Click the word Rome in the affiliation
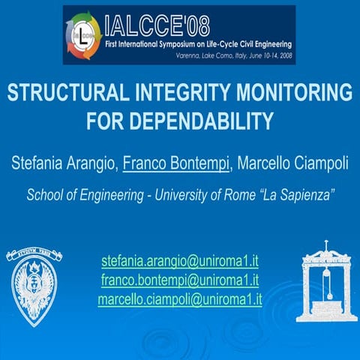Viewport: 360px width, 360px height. coord(250,194)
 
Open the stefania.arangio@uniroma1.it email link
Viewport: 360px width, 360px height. coord(180,262)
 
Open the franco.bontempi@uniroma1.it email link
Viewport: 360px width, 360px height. coord(180,280)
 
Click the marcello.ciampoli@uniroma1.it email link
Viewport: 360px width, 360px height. coord(180,298)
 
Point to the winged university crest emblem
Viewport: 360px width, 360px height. coord(34,285)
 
